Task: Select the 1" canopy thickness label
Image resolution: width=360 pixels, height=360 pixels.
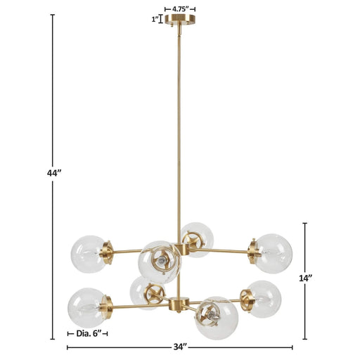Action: pyautogui.click(x=155, y=20)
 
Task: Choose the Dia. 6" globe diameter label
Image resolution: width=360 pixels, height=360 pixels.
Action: pyautogui.click(x=89, y=333)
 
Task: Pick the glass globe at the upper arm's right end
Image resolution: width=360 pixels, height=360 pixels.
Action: pyautogui.click(x=273, y=250)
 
